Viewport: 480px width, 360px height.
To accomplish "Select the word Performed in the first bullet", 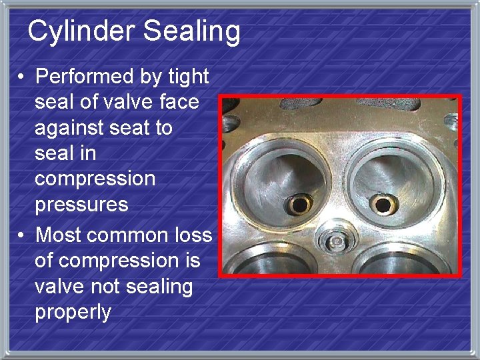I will pos(85,77).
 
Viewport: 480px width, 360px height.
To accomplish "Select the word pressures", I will pos(81,204).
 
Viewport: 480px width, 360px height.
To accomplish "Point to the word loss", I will pos(195,235).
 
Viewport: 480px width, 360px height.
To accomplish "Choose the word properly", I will pos(73,312).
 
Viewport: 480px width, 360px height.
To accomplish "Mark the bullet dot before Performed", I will pos(23,77).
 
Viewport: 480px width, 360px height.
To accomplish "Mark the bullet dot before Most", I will pos(23,235).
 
